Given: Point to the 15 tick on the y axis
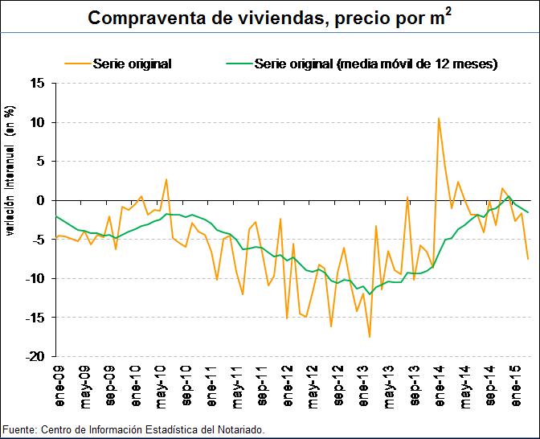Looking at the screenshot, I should coord(38,83).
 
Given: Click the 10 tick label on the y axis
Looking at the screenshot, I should coord(38,122).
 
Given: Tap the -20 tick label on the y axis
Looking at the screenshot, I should coord(35,356).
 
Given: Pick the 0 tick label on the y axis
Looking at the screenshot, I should coord(41,200).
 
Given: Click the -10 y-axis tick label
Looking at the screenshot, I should coord(35,278).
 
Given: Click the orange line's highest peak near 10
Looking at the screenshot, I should coord(438,118).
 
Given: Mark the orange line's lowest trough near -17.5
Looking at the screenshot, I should coord(370,337).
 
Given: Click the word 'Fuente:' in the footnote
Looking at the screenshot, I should coord(18,430).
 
